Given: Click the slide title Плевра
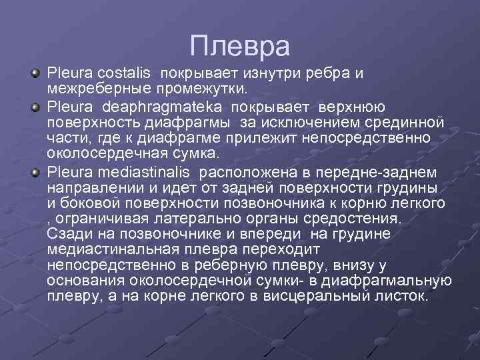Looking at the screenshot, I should [x=239, y=46].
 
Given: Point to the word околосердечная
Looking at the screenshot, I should [x=99, y=151].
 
